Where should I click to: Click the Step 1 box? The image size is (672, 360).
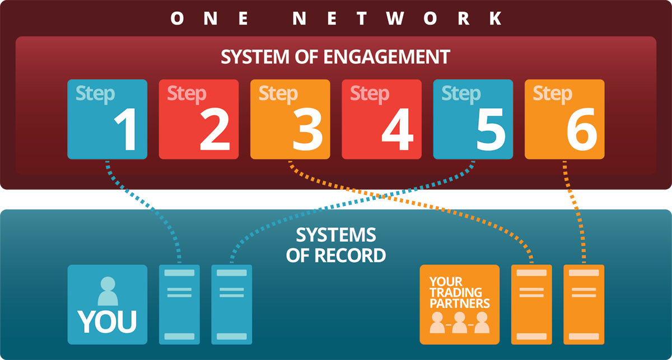click(107, 119)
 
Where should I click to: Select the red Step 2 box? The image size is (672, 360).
click(199, 119)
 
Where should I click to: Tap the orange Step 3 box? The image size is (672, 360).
click(290, 119)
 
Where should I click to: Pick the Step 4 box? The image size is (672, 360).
click(382, 119)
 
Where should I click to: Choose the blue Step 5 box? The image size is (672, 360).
click(473, 119)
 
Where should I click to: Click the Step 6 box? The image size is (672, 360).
click(564, 119)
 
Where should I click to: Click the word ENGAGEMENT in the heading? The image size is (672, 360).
click(379, 57)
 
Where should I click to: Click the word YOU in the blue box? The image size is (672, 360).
click(107, 321)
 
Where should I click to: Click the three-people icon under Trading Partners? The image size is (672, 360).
click(459, 324)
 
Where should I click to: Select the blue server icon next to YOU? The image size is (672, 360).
click(179, 304)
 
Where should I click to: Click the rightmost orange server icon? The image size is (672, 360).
click(584, 304)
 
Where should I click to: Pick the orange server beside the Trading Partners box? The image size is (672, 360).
click(531, 304)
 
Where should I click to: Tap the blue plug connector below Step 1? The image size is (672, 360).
click(138, 199)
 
